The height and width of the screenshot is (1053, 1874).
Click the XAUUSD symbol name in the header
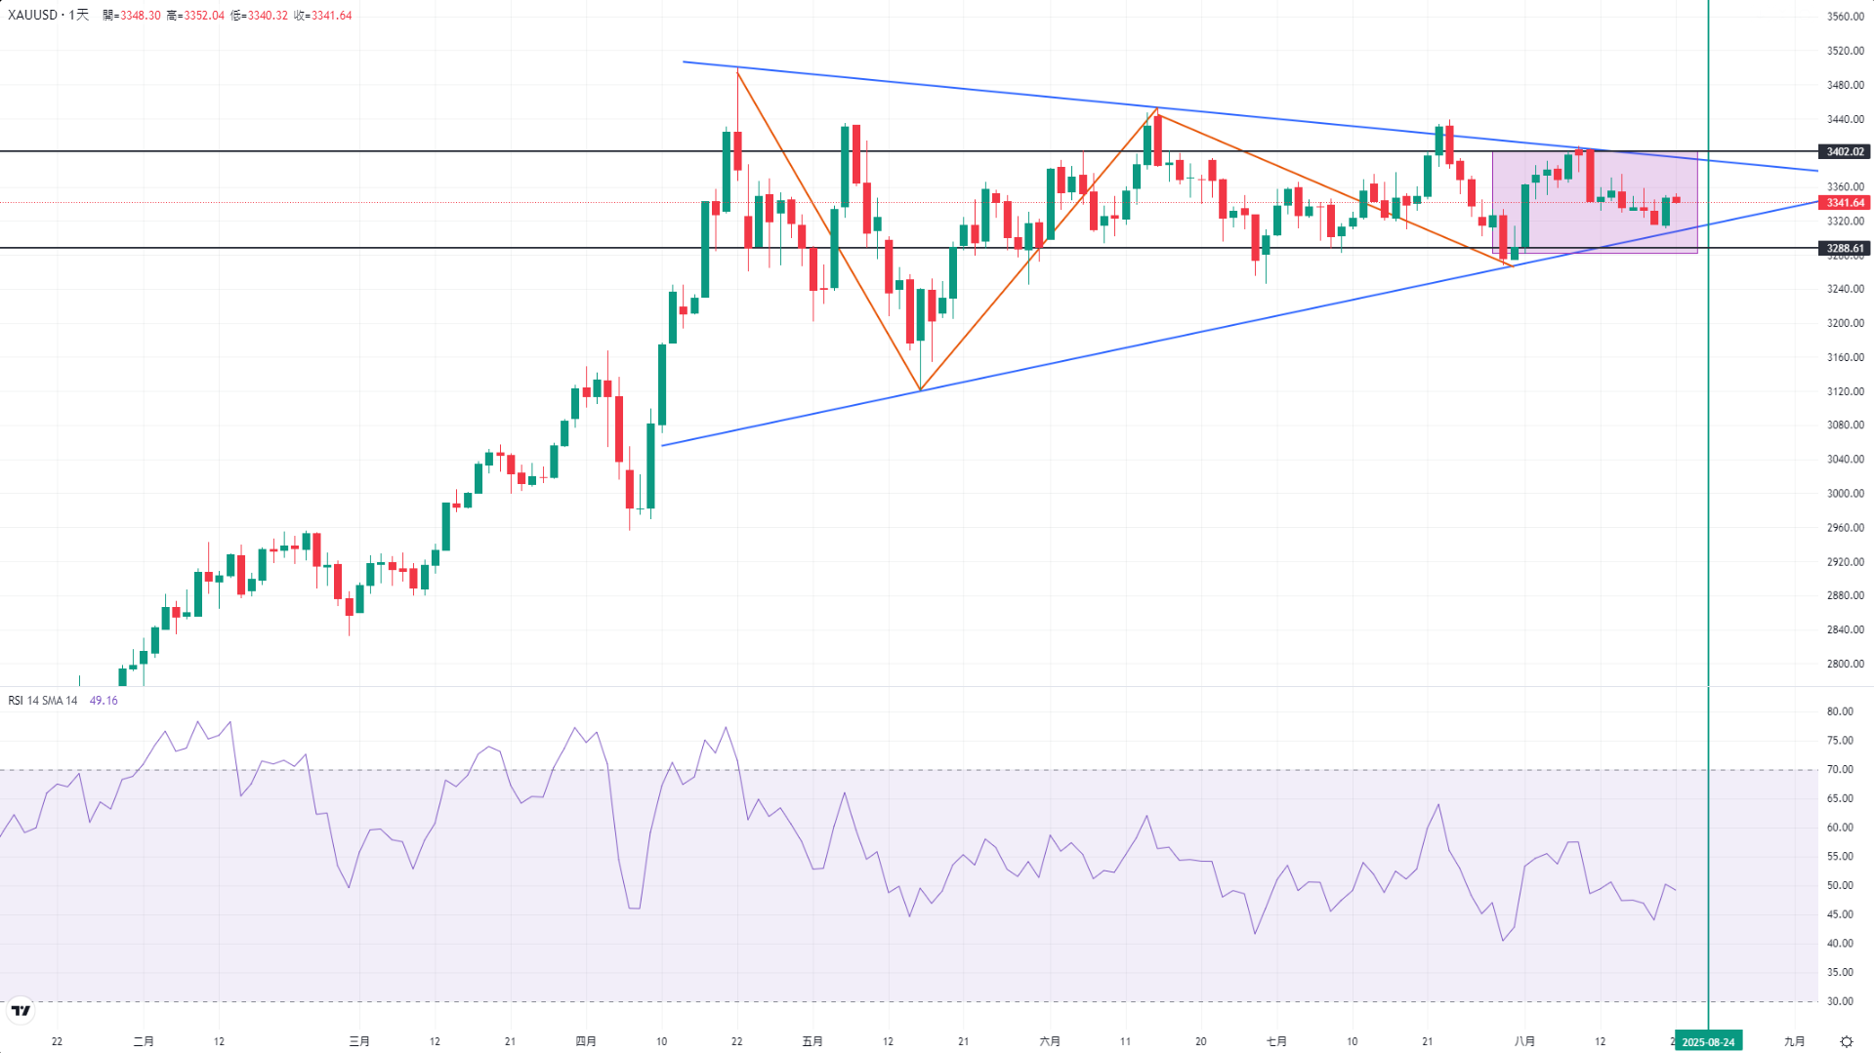click(x=33, y=16)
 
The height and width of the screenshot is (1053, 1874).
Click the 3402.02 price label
click(x=1845, y=152)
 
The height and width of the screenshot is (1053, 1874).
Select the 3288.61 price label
click(x=1845, y=249)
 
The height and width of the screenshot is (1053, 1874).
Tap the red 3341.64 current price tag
click(x=1845, y=203)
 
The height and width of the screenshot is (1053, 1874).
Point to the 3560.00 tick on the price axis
click(x=1845, y=17)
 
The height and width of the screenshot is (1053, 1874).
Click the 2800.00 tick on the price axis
click(x=1845, y=664)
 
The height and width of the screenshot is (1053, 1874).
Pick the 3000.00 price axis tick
click(x=1845, y=494)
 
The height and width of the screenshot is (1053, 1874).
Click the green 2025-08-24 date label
click(x=1708, y=1041)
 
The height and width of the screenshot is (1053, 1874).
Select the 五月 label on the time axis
click(x=812, y=1041)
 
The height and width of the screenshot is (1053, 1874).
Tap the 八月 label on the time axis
click(x=1524, y=1041)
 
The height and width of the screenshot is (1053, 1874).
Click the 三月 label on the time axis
click(x=359, y=1041)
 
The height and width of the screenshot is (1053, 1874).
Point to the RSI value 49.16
click(x=104, y=701)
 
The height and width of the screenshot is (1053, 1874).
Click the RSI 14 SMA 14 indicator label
click(x=43, y=701)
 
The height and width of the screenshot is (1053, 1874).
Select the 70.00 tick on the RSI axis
click(x=1840, y=770)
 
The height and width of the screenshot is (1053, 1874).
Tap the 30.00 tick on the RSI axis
click(x=1840, y=1001)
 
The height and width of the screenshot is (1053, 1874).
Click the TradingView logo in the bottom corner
click(x=21, y=1011)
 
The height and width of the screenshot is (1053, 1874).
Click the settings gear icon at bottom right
click(x=1846, y=1041)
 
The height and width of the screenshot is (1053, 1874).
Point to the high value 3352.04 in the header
click(x=203, y=16)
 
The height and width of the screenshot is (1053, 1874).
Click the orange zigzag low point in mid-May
click(x=920, y=389)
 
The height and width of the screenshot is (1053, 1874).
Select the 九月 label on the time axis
click(x=1794, y=1041)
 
